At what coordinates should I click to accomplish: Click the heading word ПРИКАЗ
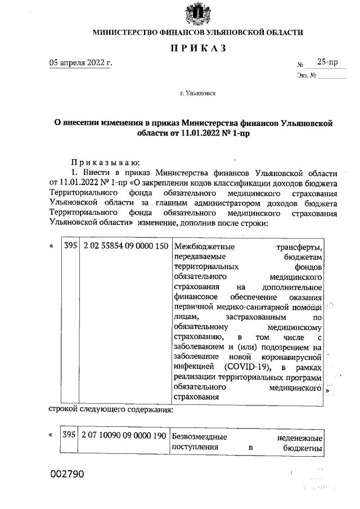[198, 48]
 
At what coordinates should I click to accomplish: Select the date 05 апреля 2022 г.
[80, 62]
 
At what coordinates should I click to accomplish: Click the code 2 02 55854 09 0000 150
[124, 246]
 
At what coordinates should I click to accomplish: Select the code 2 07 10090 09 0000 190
[124, 436]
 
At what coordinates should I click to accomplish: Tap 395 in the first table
[70, 246]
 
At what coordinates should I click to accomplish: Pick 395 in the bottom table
[69, 436]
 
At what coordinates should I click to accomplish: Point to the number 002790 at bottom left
[67, 474]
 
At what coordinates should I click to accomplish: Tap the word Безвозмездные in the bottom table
[199, 437]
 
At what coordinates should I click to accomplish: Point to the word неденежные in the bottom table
[300, 437]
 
